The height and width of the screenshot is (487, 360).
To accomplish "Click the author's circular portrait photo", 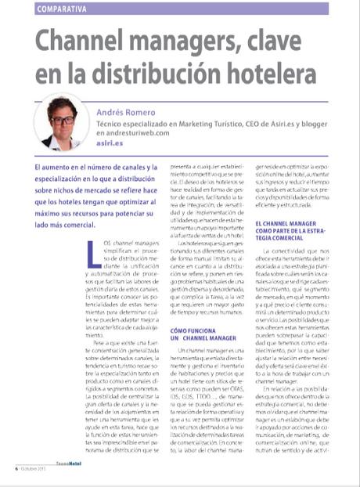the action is pyautogui.click(x=62, y=122).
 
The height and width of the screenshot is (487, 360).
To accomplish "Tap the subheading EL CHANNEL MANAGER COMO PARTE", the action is pyautogui.click(x=290, y=230).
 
